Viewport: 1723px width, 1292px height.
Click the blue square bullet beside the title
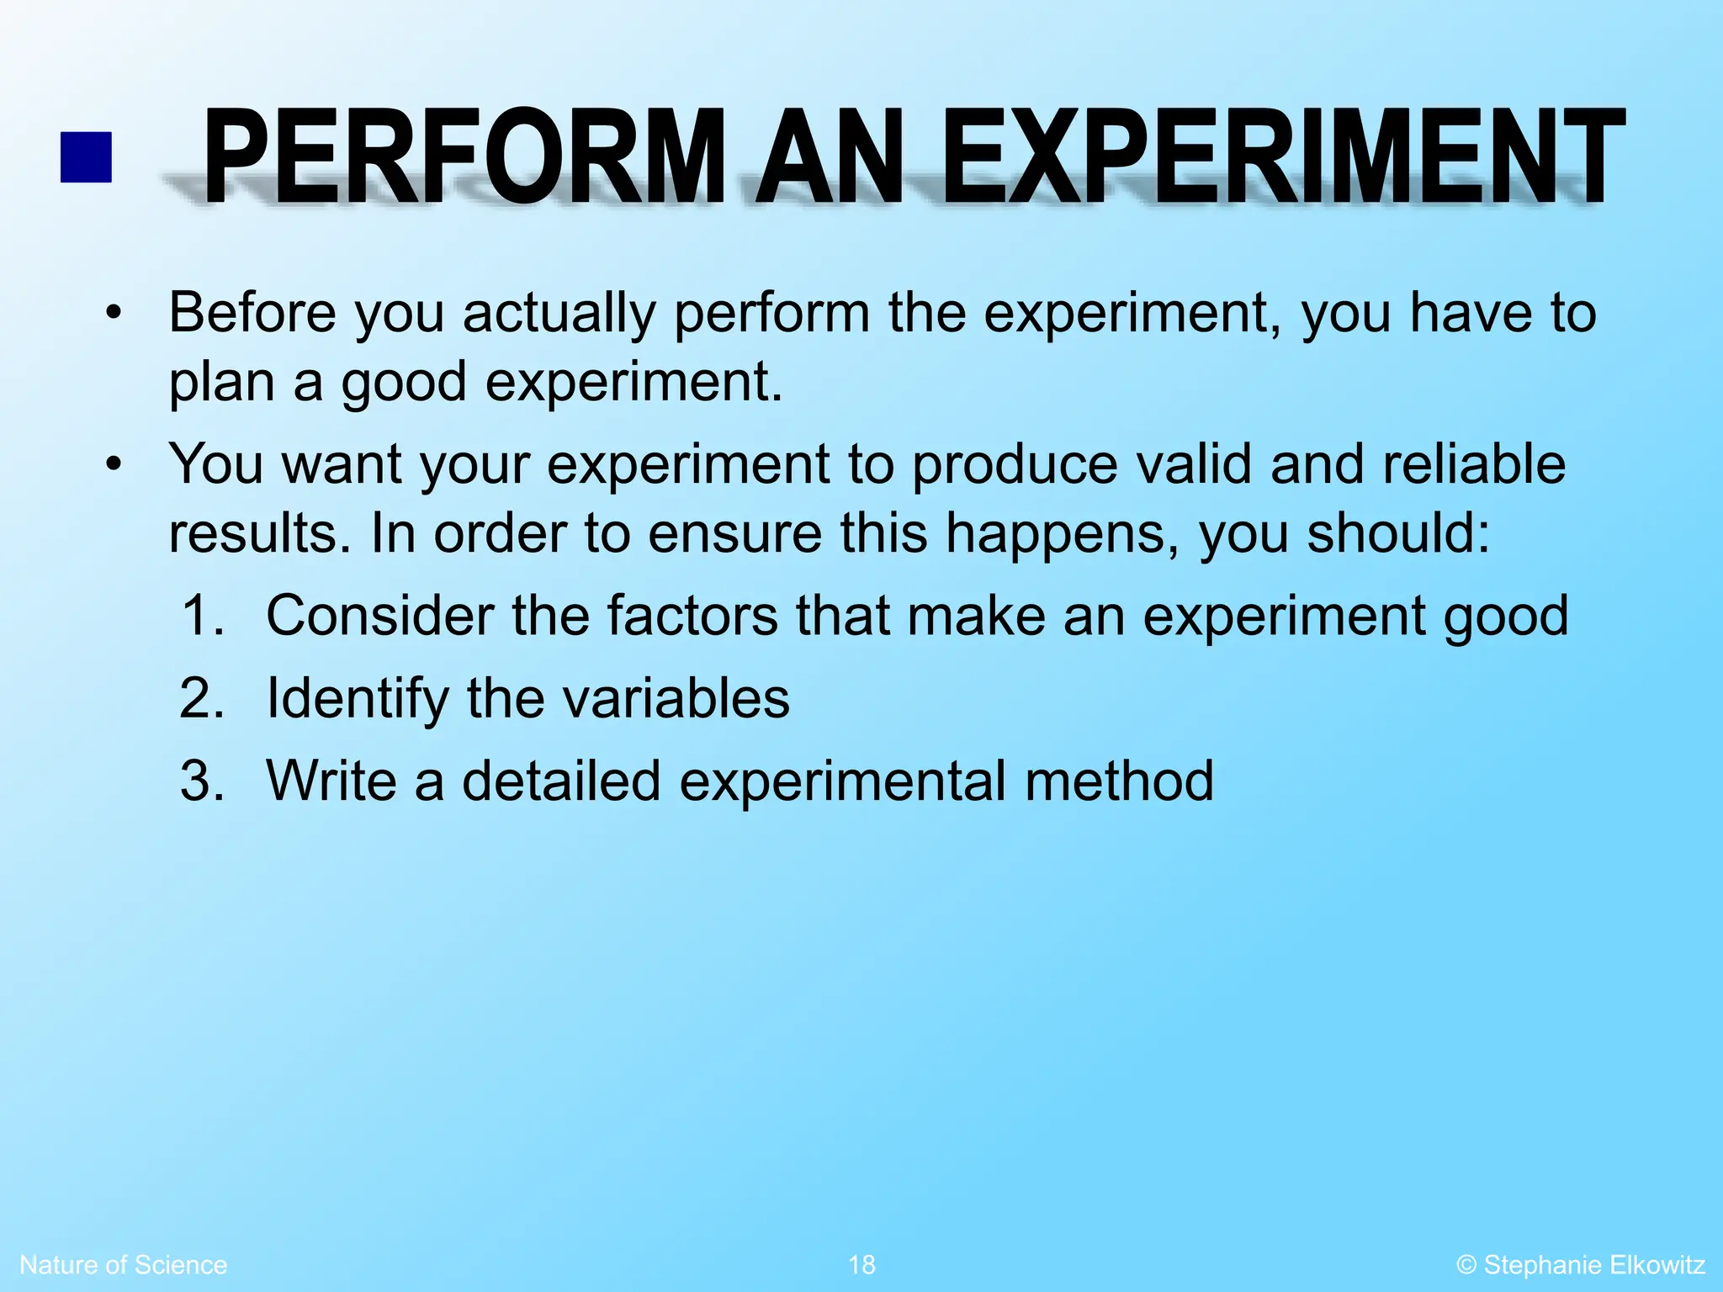[86, 157]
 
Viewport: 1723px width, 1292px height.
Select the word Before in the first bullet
[252, 313]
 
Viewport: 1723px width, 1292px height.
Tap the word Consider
[379, 615]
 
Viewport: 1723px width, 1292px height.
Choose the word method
[1119, 781]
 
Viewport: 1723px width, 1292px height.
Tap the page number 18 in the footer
[861, 1264]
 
